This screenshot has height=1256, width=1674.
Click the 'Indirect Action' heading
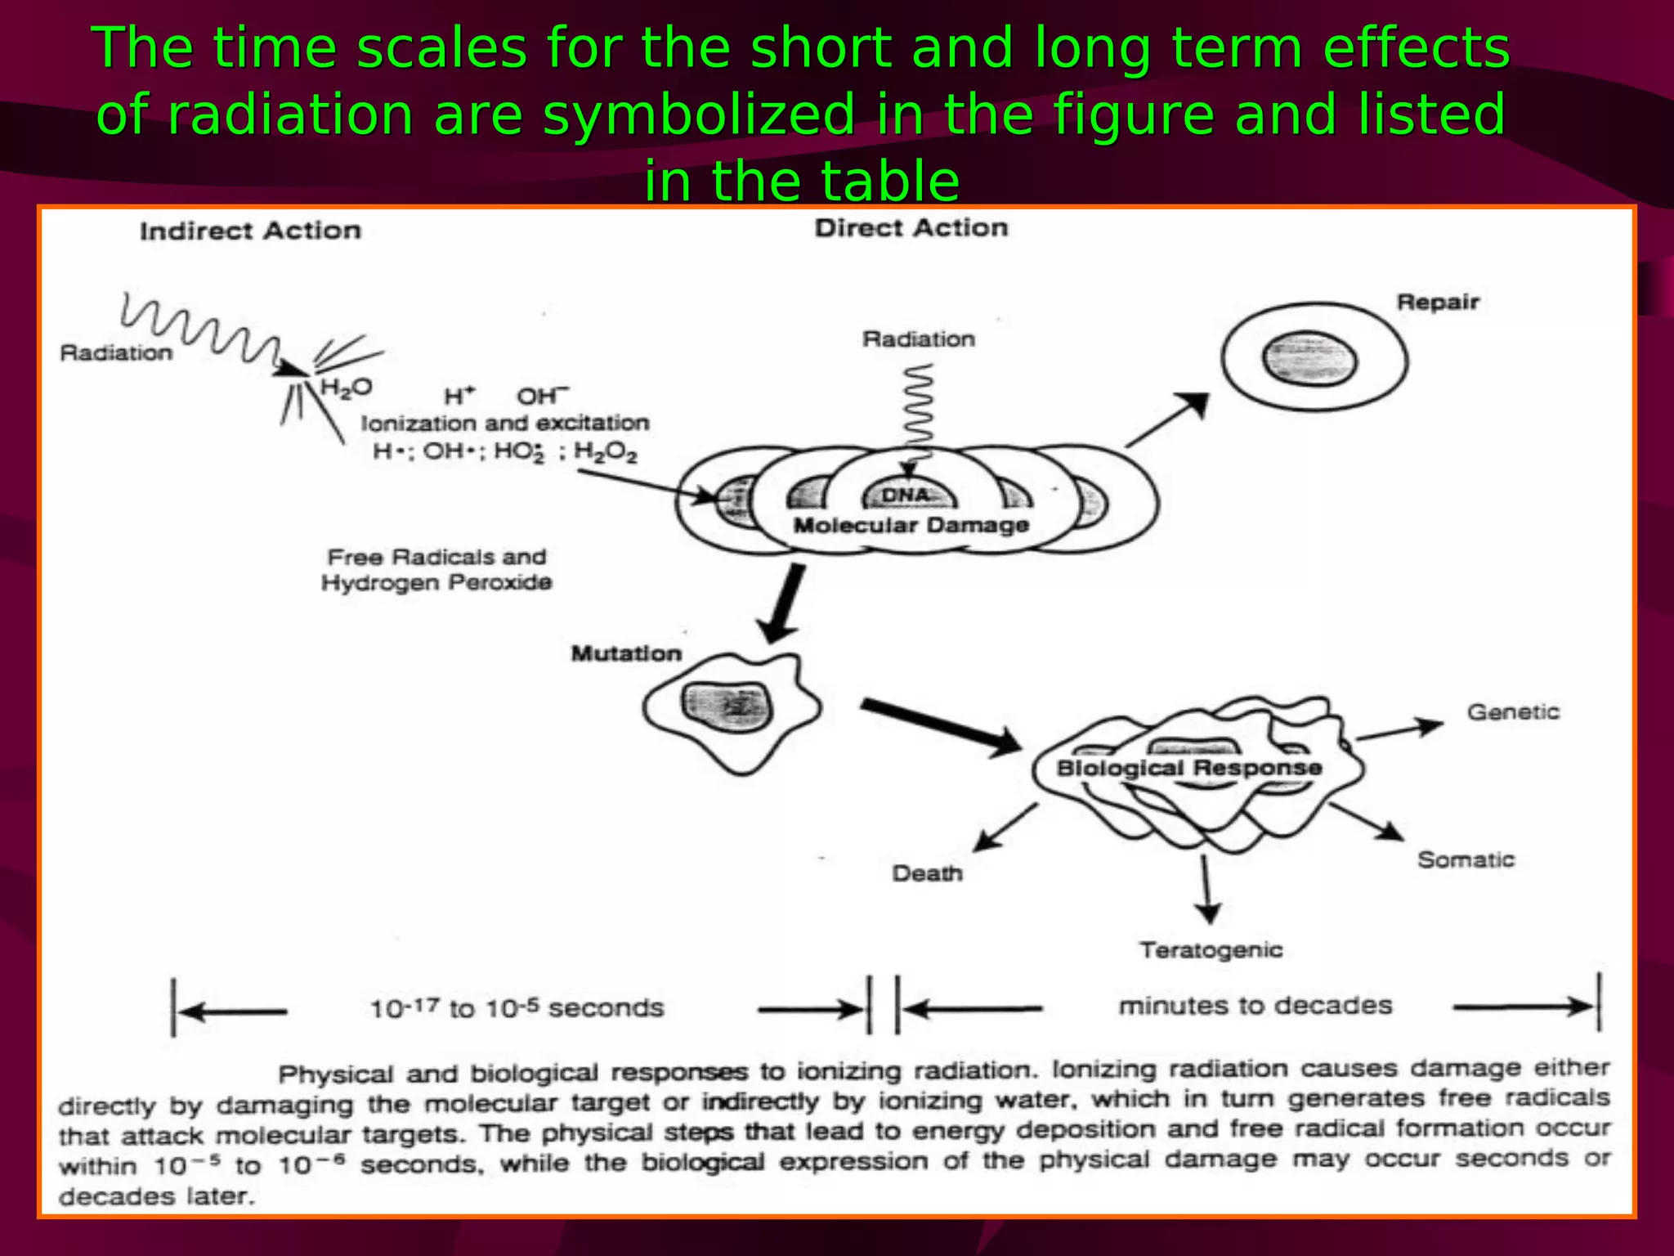[x=250, y=231]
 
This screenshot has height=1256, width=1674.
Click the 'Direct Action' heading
[x=911, y=228]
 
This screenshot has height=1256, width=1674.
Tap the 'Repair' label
[x=1438, y=303]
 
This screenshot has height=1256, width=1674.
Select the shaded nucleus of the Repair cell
[x=1309, y=360]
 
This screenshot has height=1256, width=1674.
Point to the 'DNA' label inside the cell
[x=906, y=496]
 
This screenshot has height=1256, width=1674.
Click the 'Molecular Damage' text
[x=911, y=525]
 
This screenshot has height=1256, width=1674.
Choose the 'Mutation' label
[x=626, y=653]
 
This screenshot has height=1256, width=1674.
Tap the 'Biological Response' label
[x=1189, y=768]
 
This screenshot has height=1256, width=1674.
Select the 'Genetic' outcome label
[x=1513, y=712]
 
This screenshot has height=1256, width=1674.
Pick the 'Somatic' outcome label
[x=1466, y=860]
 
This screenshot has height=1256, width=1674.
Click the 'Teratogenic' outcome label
[x=1211, y=950]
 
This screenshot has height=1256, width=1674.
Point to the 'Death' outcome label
[x=927, y=873]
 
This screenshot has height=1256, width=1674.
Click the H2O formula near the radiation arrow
[x=346, y=387]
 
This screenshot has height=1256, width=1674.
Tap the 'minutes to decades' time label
[x=1255, y=1006]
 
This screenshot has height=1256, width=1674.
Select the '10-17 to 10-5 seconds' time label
[x=517, y=1008]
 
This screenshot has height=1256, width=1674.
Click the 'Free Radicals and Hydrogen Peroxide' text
[x=436, y=570]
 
